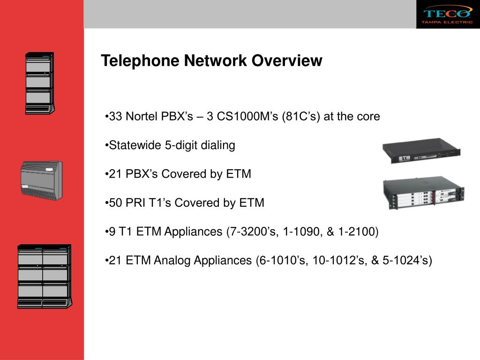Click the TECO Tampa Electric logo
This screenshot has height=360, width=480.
[448, 14]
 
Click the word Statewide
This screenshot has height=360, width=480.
[135, 145]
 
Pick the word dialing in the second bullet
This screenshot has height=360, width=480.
[218, 145]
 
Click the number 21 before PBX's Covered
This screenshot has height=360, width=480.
[115, 174]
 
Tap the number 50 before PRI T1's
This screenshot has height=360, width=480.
[115, 203]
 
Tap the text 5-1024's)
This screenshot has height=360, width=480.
[407, 260]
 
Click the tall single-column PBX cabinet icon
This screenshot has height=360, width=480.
[39, 83]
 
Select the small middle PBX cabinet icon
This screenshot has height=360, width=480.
[41, 180]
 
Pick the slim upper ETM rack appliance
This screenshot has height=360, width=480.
[421, 150]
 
